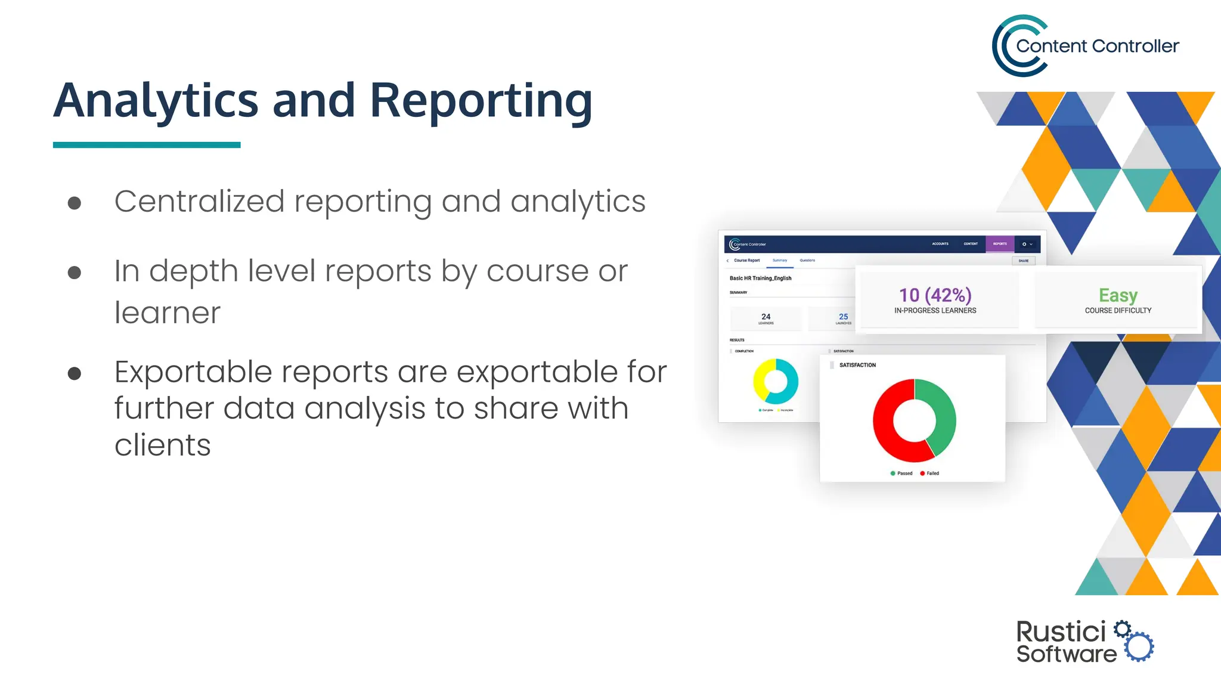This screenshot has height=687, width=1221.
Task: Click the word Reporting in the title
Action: [x=481, y=101]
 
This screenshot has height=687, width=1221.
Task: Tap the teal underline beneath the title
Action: [x=147, y=145]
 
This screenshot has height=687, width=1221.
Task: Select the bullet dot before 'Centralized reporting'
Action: [x=75, y=203]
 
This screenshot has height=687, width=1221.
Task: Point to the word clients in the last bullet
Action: [x=162, y=445]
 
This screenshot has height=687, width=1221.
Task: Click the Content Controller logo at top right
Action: [x=1085, y=46]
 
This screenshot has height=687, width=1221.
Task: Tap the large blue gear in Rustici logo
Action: [x=1140, y=647]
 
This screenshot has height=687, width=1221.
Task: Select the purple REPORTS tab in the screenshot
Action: [x=1000, y=244]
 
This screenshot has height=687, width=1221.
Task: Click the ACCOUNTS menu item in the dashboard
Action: [x=940, y=244]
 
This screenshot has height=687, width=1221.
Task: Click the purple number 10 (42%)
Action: [x=935, y=295]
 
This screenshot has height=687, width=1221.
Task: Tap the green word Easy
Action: [x=1118, y=295]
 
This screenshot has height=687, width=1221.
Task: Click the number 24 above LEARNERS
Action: [x=766, y=317]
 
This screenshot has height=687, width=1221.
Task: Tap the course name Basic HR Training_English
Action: [x=760, y=278]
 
